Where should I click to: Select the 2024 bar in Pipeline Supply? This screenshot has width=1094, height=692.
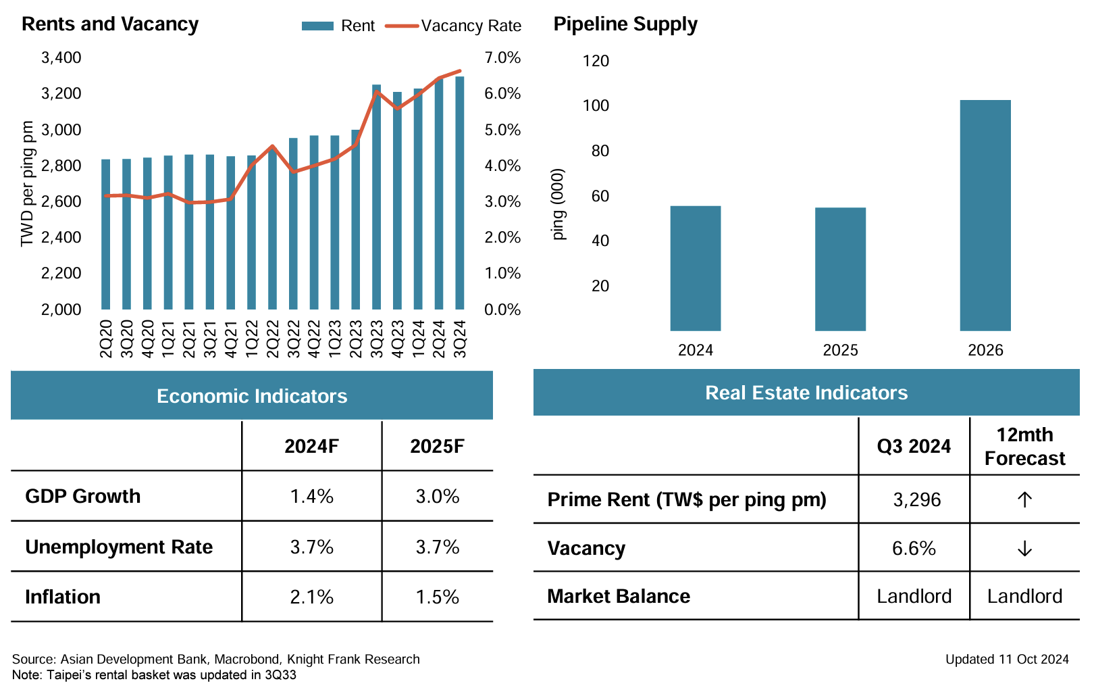695,268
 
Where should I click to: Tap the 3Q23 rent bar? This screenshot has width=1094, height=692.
376,197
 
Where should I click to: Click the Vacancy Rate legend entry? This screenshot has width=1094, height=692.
453,26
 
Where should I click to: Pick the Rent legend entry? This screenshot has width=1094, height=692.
338,26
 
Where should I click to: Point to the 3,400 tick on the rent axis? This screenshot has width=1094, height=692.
61,58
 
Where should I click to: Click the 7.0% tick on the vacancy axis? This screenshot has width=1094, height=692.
502,58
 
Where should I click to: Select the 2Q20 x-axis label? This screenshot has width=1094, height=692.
106,339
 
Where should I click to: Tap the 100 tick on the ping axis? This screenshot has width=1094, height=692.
596,105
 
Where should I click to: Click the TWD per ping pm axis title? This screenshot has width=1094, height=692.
27,184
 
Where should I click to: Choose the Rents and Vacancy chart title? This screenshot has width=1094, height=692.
110,24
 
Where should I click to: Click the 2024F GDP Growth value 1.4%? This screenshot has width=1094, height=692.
311,497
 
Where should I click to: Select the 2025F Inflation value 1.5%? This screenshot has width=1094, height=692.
437,597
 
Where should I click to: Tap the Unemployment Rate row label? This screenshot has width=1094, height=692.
119,547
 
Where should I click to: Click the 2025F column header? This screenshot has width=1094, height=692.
437,447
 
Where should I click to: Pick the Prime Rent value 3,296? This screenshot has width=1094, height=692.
916,500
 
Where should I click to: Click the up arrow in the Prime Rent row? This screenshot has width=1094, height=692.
1024,500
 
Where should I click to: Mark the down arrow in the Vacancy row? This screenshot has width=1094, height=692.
1024,549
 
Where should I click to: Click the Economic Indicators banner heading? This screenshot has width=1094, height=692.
252,396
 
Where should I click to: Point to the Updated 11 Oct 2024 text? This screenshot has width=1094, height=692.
1007,660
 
